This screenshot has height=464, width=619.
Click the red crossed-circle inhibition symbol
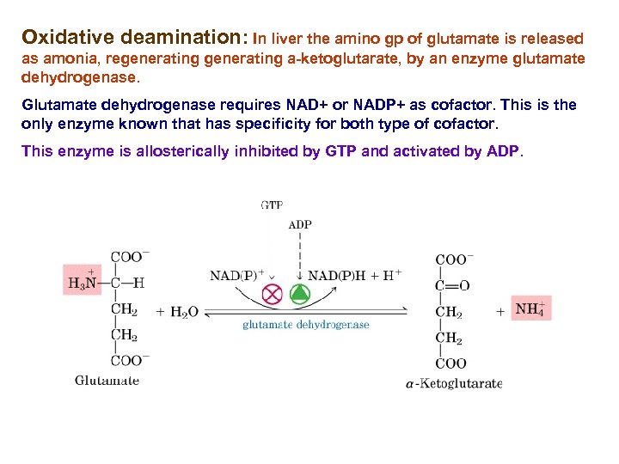(273, 295)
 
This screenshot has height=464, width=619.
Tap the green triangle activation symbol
(298, 295)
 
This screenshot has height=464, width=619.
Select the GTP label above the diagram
(272, 205)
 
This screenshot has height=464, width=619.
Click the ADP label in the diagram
(300, 225)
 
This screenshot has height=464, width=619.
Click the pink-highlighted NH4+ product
(530, 309)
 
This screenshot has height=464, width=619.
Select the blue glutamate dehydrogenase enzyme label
(305, 325)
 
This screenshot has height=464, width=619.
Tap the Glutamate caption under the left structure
(107, 381)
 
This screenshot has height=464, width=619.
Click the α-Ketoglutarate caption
(453, 383)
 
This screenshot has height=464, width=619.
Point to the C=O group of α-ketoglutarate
(453, 285)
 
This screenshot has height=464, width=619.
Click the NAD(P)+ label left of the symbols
(236, 276)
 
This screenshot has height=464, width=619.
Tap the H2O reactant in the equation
(178, 312)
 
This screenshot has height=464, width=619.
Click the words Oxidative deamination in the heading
(133, 38)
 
